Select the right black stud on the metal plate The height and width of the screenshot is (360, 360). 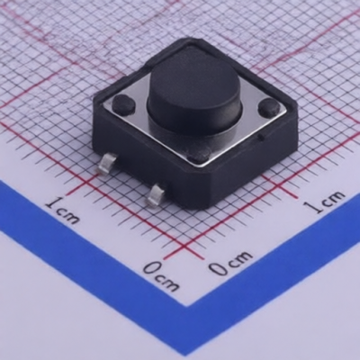click(x=269, y=107)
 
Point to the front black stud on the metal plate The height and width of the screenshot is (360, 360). click(x=199, y=156)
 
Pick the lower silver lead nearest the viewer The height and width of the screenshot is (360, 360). click(x=157, y=195)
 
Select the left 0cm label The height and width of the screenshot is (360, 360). click(x=161, y=276)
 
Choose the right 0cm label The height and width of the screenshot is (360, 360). click(x=229, y=263)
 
